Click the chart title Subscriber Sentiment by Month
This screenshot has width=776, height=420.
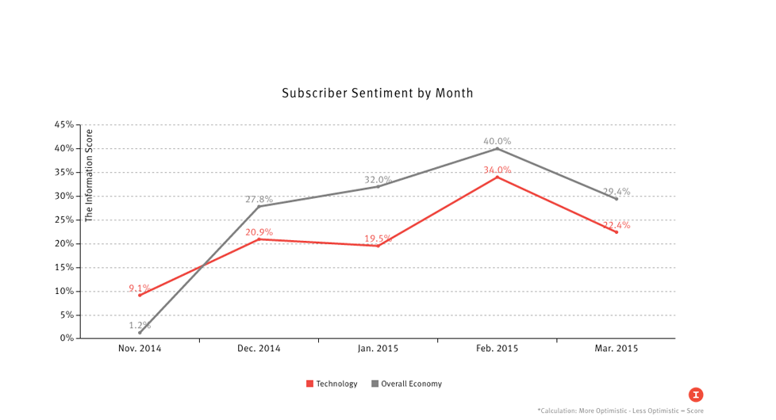point(377,94)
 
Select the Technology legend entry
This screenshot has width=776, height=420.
point(332,384)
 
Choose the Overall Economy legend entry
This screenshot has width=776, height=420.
point(406,384)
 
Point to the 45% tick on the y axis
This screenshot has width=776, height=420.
point(64,124)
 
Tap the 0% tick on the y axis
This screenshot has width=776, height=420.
point(67,338)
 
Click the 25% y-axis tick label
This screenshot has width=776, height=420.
point(64,220)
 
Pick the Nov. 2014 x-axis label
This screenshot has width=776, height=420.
point(140,349)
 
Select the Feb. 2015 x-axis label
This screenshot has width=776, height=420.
point(497,349)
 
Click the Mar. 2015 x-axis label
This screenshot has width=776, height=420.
point(616,349)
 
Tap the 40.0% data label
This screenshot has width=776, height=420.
point(497,141)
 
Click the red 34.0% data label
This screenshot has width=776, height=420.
point(497,170)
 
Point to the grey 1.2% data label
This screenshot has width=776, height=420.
point(140,325)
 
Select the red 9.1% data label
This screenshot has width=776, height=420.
point(140,288)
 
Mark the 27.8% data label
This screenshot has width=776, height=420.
point(259,200)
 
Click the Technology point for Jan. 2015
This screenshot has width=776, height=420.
point(378,246)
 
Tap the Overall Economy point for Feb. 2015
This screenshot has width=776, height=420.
point(497,148)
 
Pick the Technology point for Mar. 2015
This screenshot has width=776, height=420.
point(617,232)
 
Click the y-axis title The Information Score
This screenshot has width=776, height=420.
point(89,175)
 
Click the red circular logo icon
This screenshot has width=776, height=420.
point(696,395)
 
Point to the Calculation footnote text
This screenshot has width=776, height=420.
point(620,410)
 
